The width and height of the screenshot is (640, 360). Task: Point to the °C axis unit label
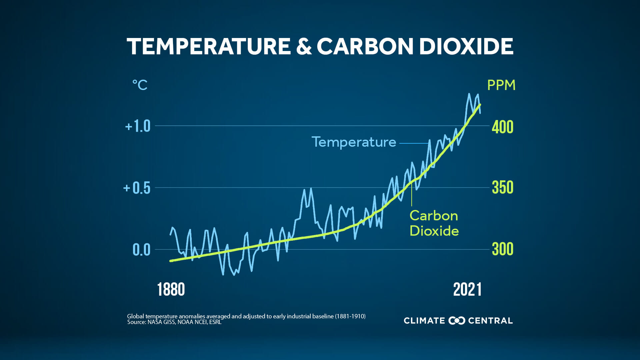click(x=140, y=85)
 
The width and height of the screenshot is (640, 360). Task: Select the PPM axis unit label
click(x=501, y=85)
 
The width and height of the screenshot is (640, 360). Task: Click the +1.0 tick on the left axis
click(x=138, y=126)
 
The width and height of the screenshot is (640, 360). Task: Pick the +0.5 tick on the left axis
click(x=137, y=188)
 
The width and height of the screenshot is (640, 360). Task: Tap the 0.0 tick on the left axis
click(x=141, y=250)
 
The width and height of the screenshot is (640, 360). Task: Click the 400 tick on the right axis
click(x=502, y=127)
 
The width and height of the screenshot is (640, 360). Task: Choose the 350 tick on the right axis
click(x=502, y=188)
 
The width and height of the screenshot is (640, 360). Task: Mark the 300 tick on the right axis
click(x=502, y=249)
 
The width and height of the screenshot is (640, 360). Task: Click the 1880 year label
click(x=171, y=289)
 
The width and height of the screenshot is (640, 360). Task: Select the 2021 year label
click(x=467, y=289)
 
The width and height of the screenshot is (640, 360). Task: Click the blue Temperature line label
click(x=354, y=142)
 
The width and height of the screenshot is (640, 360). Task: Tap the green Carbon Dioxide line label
click(x=434, y=223)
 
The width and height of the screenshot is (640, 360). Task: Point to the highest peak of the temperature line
click(x=469, y=94)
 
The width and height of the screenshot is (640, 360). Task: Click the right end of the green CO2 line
click(x=480, y=105)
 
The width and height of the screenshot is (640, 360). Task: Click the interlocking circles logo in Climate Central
click(x=457, y=321)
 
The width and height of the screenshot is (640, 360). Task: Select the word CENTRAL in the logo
click(x=490, y=321)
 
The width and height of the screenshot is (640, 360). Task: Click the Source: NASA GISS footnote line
click(x=174, y=322)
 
